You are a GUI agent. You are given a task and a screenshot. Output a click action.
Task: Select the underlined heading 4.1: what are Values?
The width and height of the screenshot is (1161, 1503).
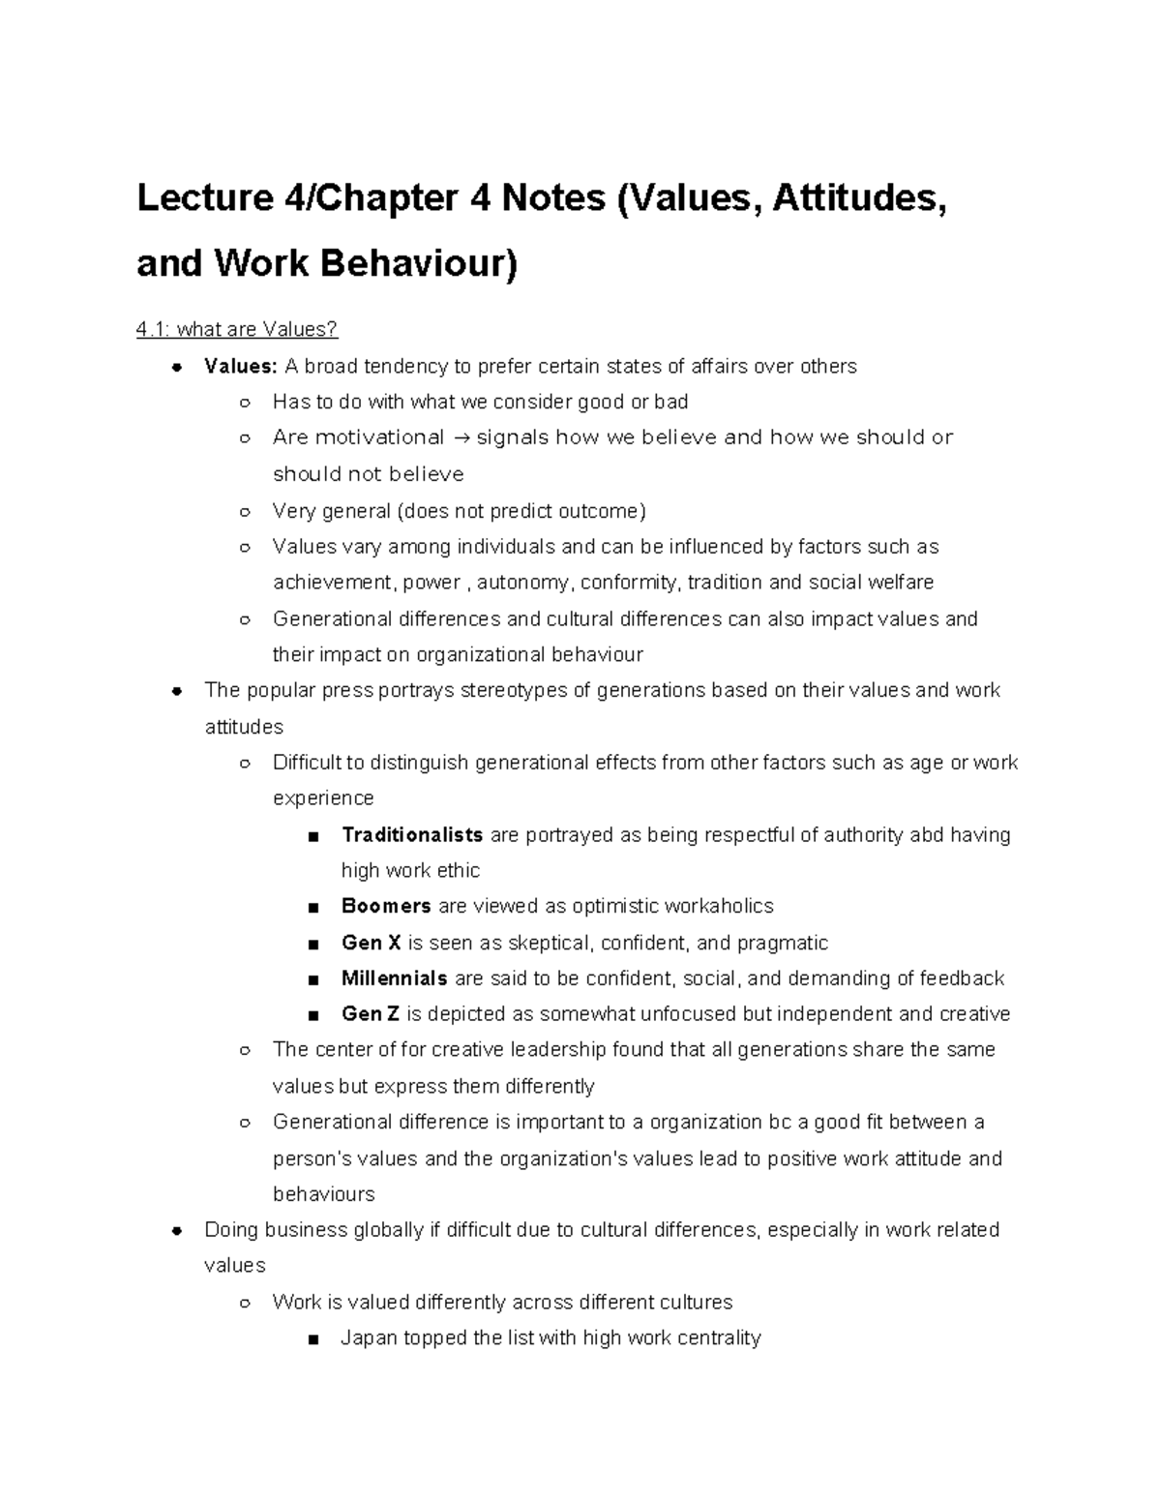tap(237, 330)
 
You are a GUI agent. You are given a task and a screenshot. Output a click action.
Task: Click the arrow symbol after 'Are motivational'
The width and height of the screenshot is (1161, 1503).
tap(460, 438)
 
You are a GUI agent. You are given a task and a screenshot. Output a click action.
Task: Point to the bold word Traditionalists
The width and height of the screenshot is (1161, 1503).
tap(412, 835)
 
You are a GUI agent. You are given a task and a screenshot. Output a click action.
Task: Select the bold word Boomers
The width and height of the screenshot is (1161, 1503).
tap(386, 907)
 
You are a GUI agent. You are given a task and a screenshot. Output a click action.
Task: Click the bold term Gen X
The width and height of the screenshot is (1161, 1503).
tap(372, 943)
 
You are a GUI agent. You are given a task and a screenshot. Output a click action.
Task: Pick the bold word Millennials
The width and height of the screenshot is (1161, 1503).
tap(395, 978)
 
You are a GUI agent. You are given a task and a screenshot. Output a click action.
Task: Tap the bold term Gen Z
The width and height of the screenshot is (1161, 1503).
tap(371, 1014)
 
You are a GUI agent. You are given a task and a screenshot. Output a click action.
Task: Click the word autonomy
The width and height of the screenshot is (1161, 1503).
tap(524, 583)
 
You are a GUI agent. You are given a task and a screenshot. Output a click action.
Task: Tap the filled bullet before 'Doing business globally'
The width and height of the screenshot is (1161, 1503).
tap(177, 1231)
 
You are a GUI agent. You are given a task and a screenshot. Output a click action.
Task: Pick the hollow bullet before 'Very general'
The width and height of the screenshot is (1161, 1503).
tap(245, 511)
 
